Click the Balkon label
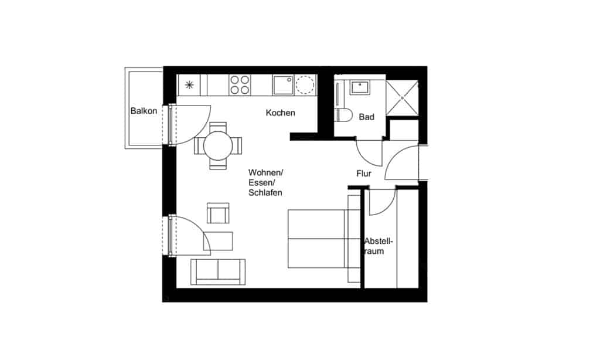pos(144,111)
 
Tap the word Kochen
pos(280,113)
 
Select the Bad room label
pos(366,117)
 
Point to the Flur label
pos(364,174)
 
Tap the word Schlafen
pos(266,192)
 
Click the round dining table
pos(218,145)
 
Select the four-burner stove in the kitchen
pos(239,85)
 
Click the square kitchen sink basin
pos(282,86)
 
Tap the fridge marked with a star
pos(189,85)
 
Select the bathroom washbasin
pos(359,88)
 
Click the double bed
pos(322,239)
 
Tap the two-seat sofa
pos(217,271)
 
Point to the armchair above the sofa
pos(218,212)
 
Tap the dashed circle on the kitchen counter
pos(305,86)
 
